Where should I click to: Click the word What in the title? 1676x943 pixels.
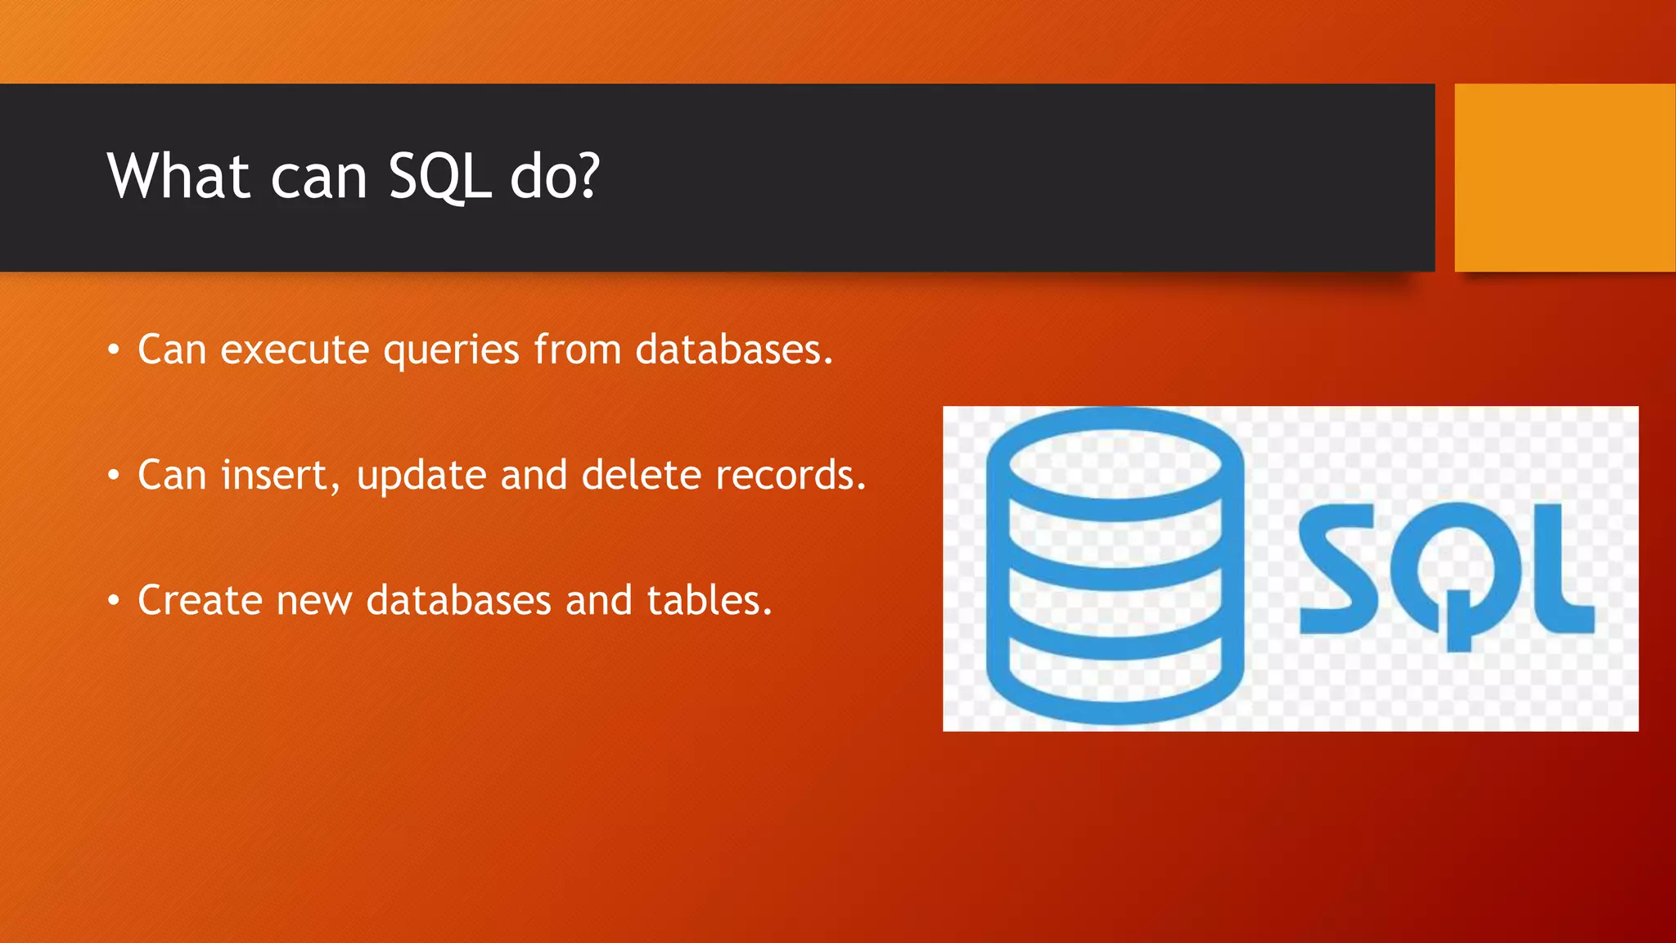tap(178, 176)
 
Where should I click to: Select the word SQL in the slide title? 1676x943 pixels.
tap(439, 178)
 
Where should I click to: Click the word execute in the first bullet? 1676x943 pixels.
tap(295, 350)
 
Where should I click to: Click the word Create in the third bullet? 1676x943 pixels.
tap(200, 600)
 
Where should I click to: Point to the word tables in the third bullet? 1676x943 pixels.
tap(709, 600)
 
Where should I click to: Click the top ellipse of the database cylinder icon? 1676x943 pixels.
tap(1115, 462)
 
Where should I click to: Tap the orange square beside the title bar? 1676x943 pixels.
tap(1564, 178)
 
